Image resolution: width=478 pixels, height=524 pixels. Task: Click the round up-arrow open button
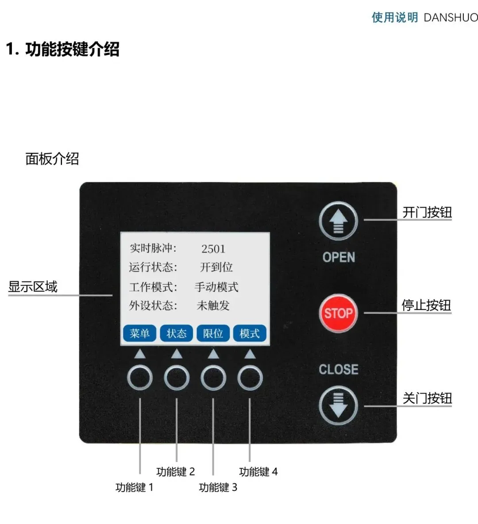coord(338,221)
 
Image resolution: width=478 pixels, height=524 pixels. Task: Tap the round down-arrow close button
coord(338,405)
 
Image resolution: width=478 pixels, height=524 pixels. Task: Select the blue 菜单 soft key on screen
coord(140,333)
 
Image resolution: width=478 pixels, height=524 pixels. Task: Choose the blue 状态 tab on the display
coord(177,333)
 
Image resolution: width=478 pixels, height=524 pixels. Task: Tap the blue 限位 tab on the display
coord(213,333)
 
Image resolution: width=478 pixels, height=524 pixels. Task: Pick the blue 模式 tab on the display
coord(250,333)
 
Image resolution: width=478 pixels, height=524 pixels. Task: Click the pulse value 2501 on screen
coord(213,249)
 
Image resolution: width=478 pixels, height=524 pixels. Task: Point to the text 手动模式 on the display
coord(216,287)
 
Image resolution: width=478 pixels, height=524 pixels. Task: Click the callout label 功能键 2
coord(175,472)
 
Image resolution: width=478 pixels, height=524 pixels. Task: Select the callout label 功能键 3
coord(218,487)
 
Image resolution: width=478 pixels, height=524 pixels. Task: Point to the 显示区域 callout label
coord(33,287)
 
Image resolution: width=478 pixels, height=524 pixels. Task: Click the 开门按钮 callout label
coord(427,212)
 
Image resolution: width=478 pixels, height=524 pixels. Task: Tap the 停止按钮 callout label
coord(426,305)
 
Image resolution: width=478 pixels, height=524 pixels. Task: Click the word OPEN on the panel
coord(339,257)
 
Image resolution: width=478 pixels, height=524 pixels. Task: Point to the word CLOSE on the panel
coord(339,369)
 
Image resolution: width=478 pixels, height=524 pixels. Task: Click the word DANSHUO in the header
coord(451,17)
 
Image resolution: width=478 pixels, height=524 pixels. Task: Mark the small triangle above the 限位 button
coord(213,354)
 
